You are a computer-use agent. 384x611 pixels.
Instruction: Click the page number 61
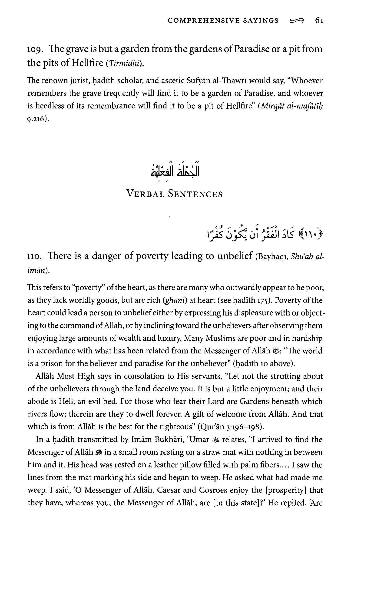tap(319, 20)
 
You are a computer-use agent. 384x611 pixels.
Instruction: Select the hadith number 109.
tap(34, 50)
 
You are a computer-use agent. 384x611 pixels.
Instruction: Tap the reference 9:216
tap(36, 119)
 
